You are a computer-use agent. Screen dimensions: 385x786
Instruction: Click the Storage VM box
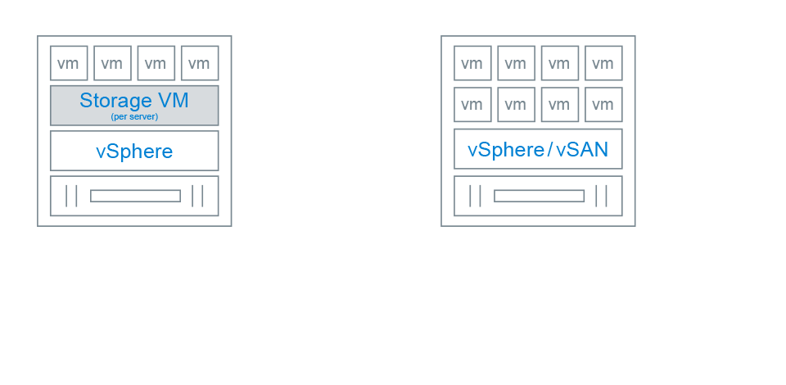pos(134,106)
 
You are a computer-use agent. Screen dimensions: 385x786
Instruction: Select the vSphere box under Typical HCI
pos(134,151)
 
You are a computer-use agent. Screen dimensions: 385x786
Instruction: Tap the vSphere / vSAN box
pos(537,150)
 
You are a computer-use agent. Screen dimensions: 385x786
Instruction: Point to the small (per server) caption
pos(133,117)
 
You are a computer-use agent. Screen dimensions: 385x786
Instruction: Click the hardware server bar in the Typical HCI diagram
pos(134,197)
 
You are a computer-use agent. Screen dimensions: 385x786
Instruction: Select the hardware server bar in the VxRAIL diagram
pos(537,197)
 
